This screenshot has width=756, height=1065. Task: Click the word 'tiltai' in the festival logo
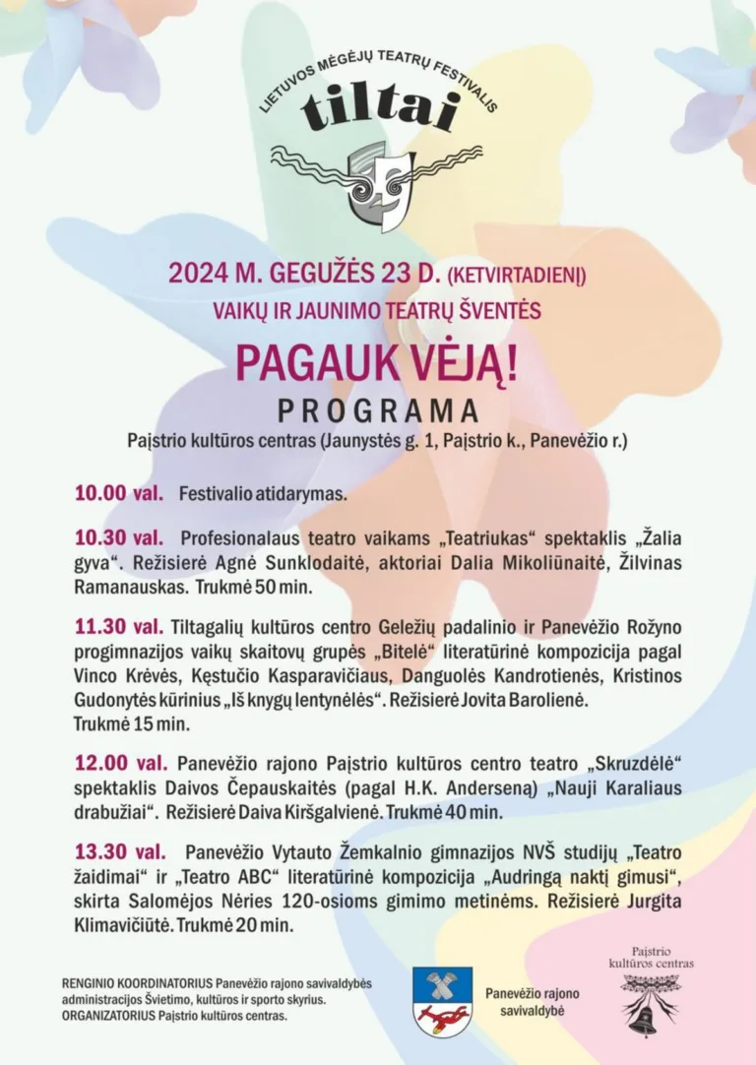(379, 108)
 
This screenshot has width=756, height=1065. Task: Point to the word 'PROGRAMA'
(377, 410)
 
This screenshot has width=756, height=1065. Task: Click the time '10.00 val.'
(118, 493)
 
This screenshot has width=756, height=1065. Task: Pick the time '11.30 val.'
(118, 626)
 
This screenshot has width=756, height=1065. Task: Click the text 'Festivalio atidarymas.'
(263, 494)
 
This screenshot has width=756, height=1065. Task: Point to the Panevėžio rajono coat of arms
(442, 1001)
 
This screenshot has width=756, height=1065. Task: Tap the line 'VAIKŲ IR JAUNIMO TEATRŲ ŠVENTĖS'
(377, 311)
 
